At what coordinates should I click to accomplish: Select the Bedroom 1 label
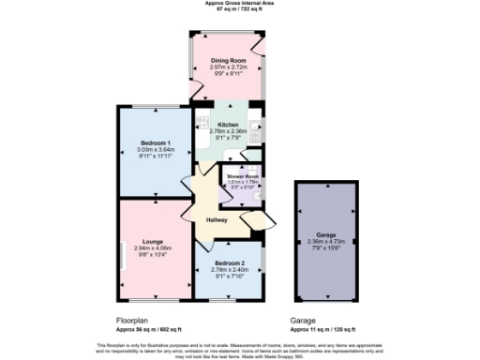pos(155,142)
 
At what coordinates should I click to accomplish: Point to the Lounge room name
pos(155,241)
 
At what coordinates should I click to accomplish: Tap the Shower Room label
pos(241,177)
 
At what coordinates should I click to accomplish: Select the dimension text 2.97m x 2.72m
pos(229,67)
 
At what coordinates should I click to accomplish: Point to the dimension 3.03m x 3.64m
pos(155,149)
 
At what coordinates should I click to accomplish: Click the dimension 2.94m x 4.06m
pos(155,248)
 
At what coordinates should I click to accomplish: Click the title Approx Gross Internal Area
pos(240,3)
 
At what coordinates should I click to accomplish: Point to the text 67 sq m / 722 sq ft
pos(240,9)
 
